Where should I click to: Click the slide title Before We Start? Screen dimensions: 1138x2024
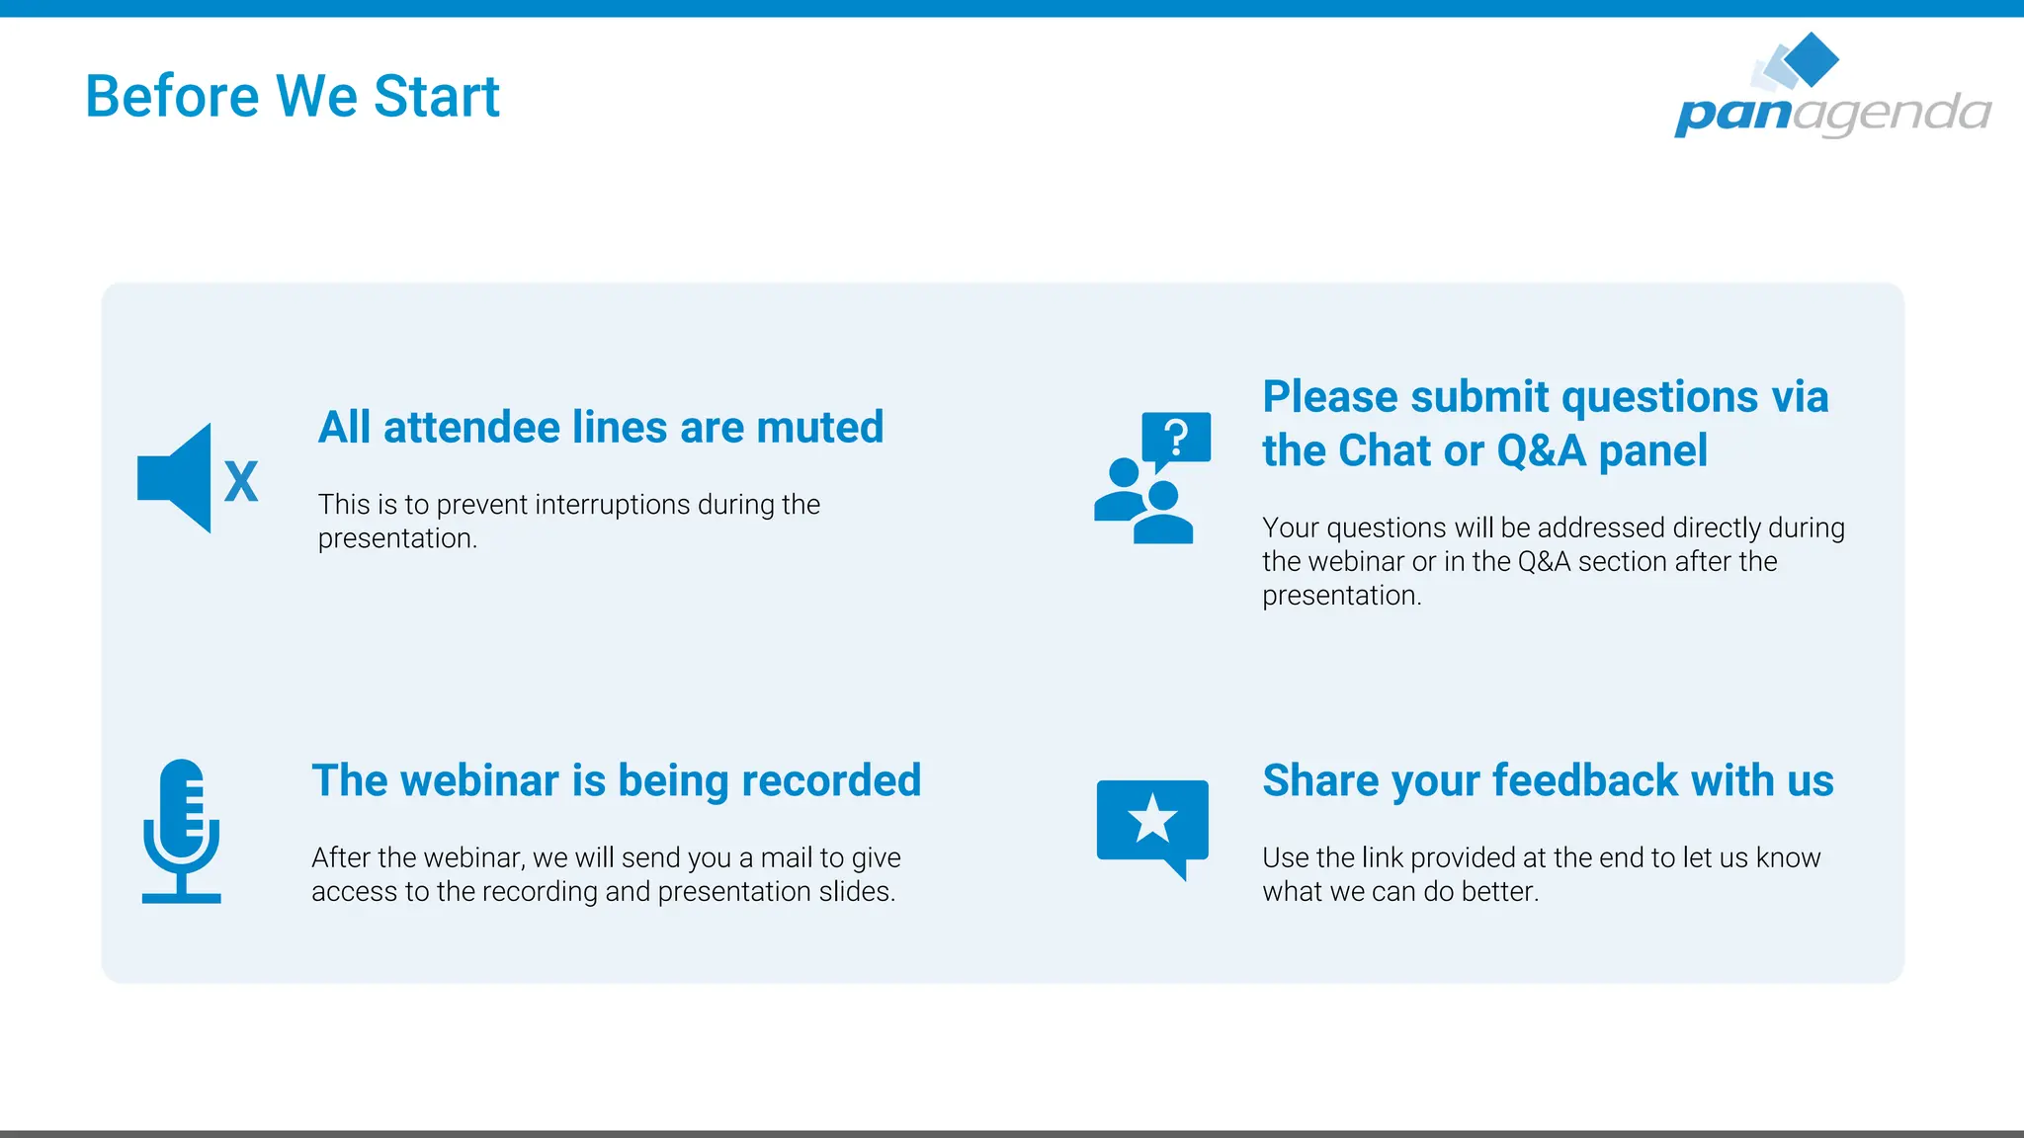tap(293, 97)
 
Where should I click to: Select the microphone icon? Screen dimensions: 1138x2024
tap(181, 831)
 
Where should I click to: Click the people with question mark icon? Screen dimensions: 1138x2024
tap(1150, 479)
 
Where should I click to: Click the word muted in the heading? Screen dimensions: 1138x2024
tap(819, 428)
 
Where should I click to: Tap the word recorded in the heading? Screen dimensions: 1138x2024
tap(831, 780)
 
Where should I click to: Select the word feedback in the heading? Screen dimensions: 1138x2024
tap(1585, 780)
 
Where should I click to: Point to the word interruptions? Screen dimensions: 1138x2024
tap(612, 505)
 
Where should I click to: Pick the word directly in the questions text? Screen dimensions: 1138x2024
tap(1716, 528)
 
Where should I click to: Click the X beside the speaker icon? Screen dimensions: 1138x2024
tap(241, 482)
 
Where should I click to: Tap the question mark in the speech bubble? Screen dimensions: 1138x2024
tap(1176, 436)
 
